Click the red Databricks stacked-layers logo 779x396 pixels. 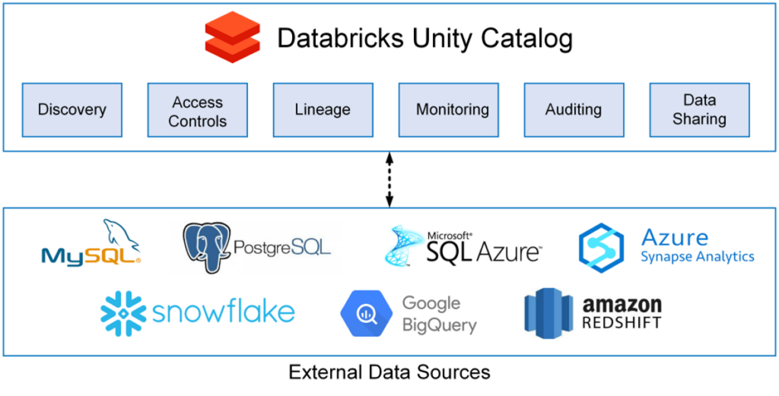[x=232, y=37]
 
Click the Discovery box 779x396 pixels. [x=72, y=110]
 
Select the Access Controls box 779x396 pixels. [x=198, y=111]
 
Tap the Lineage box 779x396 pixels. [x=323, y=110]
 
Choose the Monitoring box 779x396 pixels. [x=452, y=110]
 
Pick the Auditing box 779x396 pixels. [x=574, y=110]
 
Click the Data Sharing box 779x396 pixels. [x=699, y=110]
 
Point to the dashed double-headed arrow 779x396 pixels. [x=389, y=179]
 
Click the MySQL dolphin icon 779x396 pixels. [x=122, y=234]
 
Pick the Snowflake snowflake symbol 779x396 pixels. [x=123, y=312]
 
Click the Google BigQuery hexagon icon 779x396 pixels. [x=364, y=312]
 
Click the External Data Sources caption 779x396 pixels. [x=389, y=372]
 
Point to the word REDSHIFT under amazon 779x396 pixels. [x=622, y=323]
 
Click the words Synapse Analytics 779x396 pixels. [x=697, y=256]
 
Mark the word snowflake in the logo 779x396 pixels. [x=224, y=312]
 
